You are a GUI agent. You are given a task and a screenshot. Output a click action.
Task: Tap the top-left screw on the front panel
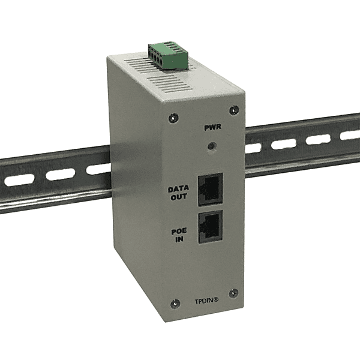point(173,118)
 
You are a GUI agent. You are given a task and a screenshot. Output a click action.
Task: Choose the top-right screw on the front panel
point(234,109)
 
